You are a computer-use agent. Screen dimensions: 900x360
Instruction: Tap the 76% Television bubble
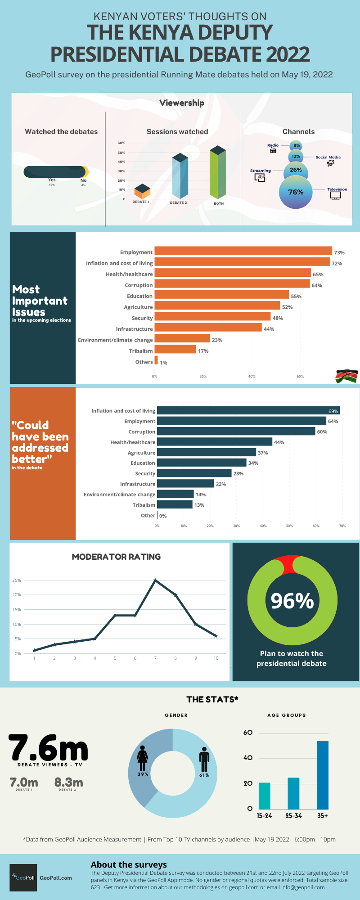coord(296,192)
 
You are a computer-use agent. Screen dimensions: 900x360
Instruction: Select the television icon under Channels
coord(335,196)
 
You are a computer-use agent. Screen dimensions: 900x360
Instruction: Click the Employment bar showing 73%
coord(243,251)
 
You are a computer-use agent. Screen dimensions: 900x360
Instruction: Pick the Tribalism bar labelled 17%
coord(175,350)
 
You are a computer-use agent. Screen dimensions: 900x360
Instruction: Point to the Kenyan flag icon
coord(346,376)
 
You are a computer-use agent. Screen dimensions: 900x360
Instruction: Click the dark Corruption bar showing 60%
coord(236,431)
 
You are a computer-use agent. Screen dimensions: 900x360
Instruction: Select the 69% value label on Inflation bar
coord(333,411)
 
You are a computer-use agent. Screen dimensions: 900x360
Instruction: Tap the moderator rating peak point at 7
coord(155,580)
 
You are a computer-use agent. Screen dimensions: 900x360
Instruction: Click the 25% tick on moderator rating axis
coord(17,580)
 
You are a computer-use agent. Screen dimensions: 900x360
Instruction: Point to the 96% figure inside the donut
coord(292,601)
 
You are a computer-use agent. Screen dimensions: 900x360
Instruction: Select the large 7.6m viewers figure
coord(48,748)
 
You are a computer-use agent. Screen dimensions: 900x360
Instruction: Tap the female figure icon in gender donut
coord(143,759)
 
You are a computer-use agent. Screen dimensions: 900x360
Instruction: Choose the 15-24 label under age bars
coord(264,815)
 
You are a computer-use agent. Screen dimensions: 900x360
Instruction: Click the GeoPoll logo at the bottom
coord(23,877)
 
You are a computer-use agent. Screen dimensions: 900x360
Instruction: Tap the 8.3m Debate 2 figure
coord(68,783)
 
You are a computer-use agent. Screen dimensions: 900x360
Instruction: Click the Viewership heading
coord(182,103)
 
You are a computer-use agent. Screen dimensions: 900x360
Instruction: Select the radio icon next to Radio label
coord(273,151)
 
